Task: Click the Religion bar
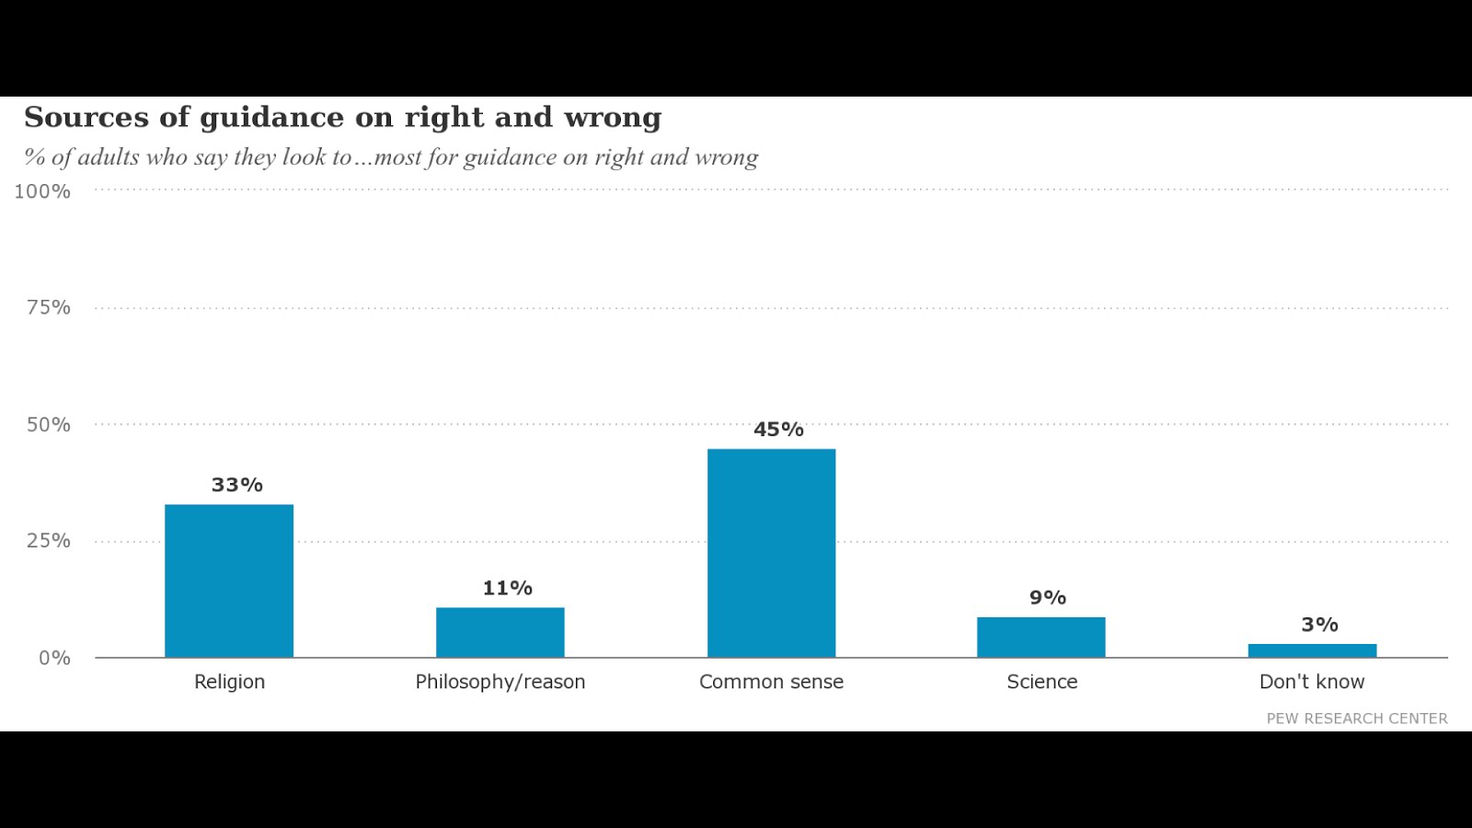pos(229,581)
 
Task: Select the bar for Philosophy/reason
pos(500,632)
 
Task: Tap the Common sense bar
pos(771,553)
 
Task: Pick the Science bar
pos(1041,637)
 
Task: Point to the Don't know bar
pos(1312,650)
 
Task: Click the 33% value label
pos(237,485)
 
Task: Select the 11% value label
pos(508,588)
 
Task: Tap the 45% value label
pos(778,430)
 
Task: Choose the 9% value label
pos(1048,598)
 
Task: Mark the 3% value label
pos(1319,625)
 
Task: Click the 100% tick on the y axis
pos(42,191)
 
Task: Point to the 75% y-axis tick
pos(48,307)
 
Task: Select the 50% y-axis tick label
pos(48,425)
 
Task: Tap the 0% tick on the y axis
pos(54,658)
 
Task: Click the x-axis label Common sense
pos(771,682)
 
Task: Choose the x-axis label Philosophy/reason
pos(500,682)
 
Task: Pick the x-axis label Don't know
pos(1312,682)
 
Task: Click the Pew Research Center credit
pos(1357,719)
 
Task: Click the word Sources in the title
pos(86,118)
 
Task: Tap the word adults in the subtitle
pos(109,157)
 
